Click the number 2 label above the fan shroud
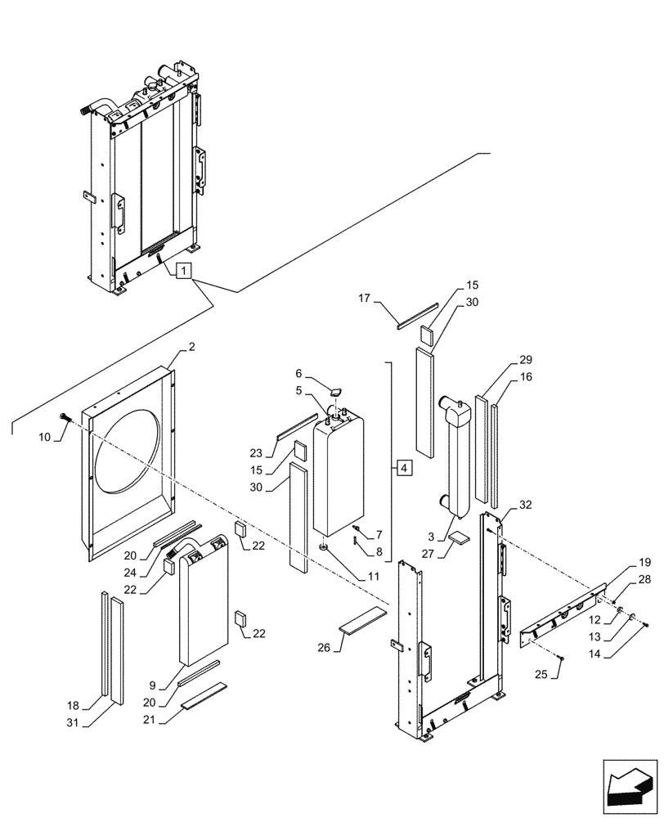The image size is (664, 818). coord(191,348)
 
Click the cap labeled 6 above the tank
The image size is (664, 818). coord(336,394)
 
